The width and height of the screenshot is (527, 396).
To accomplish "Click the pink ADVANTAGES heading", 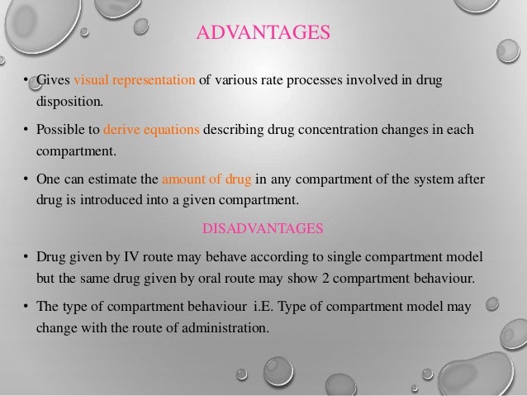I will click(x=263, y=34).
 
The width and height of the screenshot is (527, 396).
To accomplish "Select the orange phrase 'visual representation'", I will click(x=135, y=81).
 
